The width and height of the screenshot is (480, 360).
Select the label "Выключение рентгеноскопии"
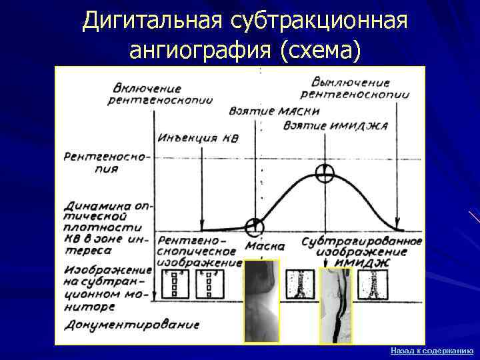(359, 89)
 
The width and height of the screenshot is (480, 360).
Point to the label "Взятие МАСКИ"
(273, 111)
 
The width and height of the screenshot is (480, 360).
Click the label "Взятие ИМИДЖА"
(335, 125)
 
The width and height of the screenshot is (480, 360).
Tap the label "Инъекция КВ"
(198, 138)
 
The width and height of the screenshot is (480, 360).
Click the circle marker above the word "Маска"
(253, 227)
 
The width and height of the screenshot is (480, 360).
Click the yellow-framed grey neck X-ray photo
(261, 300)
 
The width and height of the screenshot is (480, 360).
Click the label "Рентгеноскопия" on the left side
(107, 162)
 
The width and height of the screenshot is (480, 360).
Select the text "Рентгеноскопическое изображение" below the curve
(199, 251)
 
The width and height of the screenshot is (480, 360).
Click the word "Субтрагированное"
(361, 241)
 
